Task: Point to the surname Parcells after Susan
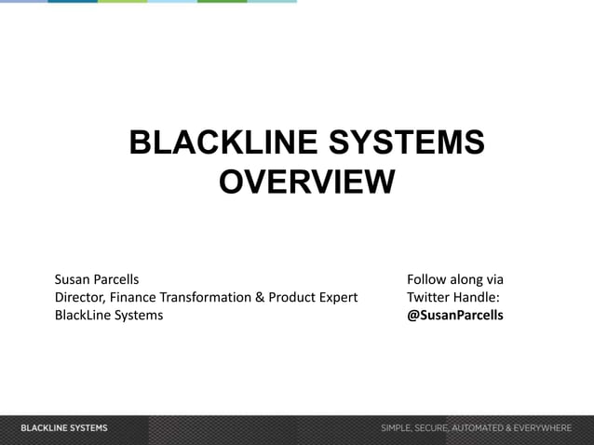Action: [117, 279]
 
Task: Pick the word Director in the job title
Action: [78, 297]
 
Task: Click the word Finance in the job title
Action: [132, 297]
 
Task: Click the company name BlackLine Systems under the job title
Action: [108, 315]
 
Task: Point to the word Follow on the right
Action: [427, 279]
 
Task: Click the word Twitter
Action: [430, 297]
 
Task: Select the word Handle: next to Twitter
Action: [479, 297]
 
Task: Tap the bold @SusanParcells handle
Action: [455, 315]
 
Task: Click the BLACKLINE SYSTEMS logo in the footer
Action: [64, 428]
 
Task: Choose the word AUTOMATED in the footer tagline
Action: [480, 428]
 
